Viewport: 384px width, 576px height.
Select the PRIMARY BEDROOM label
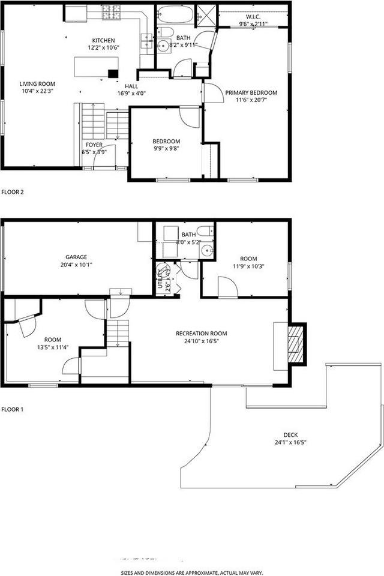(x=251, y=92)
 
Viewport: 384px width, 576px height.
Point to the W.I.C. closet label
(x=253, y=17)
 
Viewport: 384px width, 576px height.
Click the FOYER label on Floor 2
(x=94, y=145)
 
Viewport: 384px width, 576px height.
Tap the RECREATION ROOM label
(x=202, y=333)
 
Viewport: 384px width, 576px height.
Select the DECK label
(x=291, y=435)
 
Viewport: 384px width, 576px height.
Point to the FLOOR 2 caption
(x=13, y=193)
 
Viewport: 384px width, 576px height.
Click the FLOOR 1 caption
(x=13, y=410)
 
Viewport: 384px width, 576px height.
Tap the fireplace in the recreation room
(x=295, y=343)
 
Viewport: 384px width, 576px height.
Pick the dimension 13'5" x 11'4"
(x=53, y=347)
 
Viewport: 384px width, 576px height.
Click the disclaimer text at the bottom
(x=192, y=572)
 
